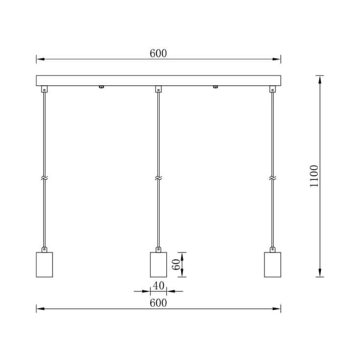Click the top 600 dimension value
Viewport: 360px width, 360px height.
pyautogui.click(x=158, y=53)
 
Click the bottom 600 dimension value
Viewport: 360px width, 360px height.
pyautogui.click(x=158, y=303)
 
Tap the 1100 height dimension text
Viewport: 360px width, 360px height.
pyautogui.click(x=314, y=176)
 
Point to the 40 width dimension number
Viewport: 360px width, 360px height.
pyautogui.click(x=158, y=285)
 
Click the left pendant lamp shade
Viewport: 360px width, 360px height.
pyautogui.click(x=44, y=264)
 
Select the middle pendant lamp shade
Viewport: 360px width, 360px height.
pyautogui.click(x=158, y=264)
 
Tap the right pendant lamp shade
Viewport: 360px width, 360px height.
pyautogui.click(x=272, y=264)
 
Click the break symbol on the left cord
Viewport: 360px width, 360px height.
pyautogui.click(x=44, y=178)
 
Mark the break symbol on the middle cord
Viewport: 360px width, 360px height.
pyautogui.click(x=158, y=178)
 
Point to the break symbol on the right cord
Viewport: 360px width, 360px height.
pyautogui.click(x=272, y=178)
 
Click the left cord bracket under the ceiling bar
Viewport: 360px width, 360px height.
pyautogui.click(x=44, y=89)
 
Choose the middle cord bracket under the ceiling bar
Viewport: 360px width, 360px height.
pyautogui.click(x=158, y=89)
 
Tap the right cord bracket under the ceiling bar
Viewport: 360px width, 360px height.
pyautogui.click(x=272, y=89)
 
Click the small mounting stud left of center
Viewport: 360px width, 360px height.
pyautogui.click(x=101, y=87)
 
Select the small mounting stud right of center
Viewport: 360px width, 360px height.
pyautogui.click(x=215, y=87)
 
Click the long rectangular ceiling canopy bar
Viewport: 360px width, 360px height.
pyautogui.click(x=158, y=80)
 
